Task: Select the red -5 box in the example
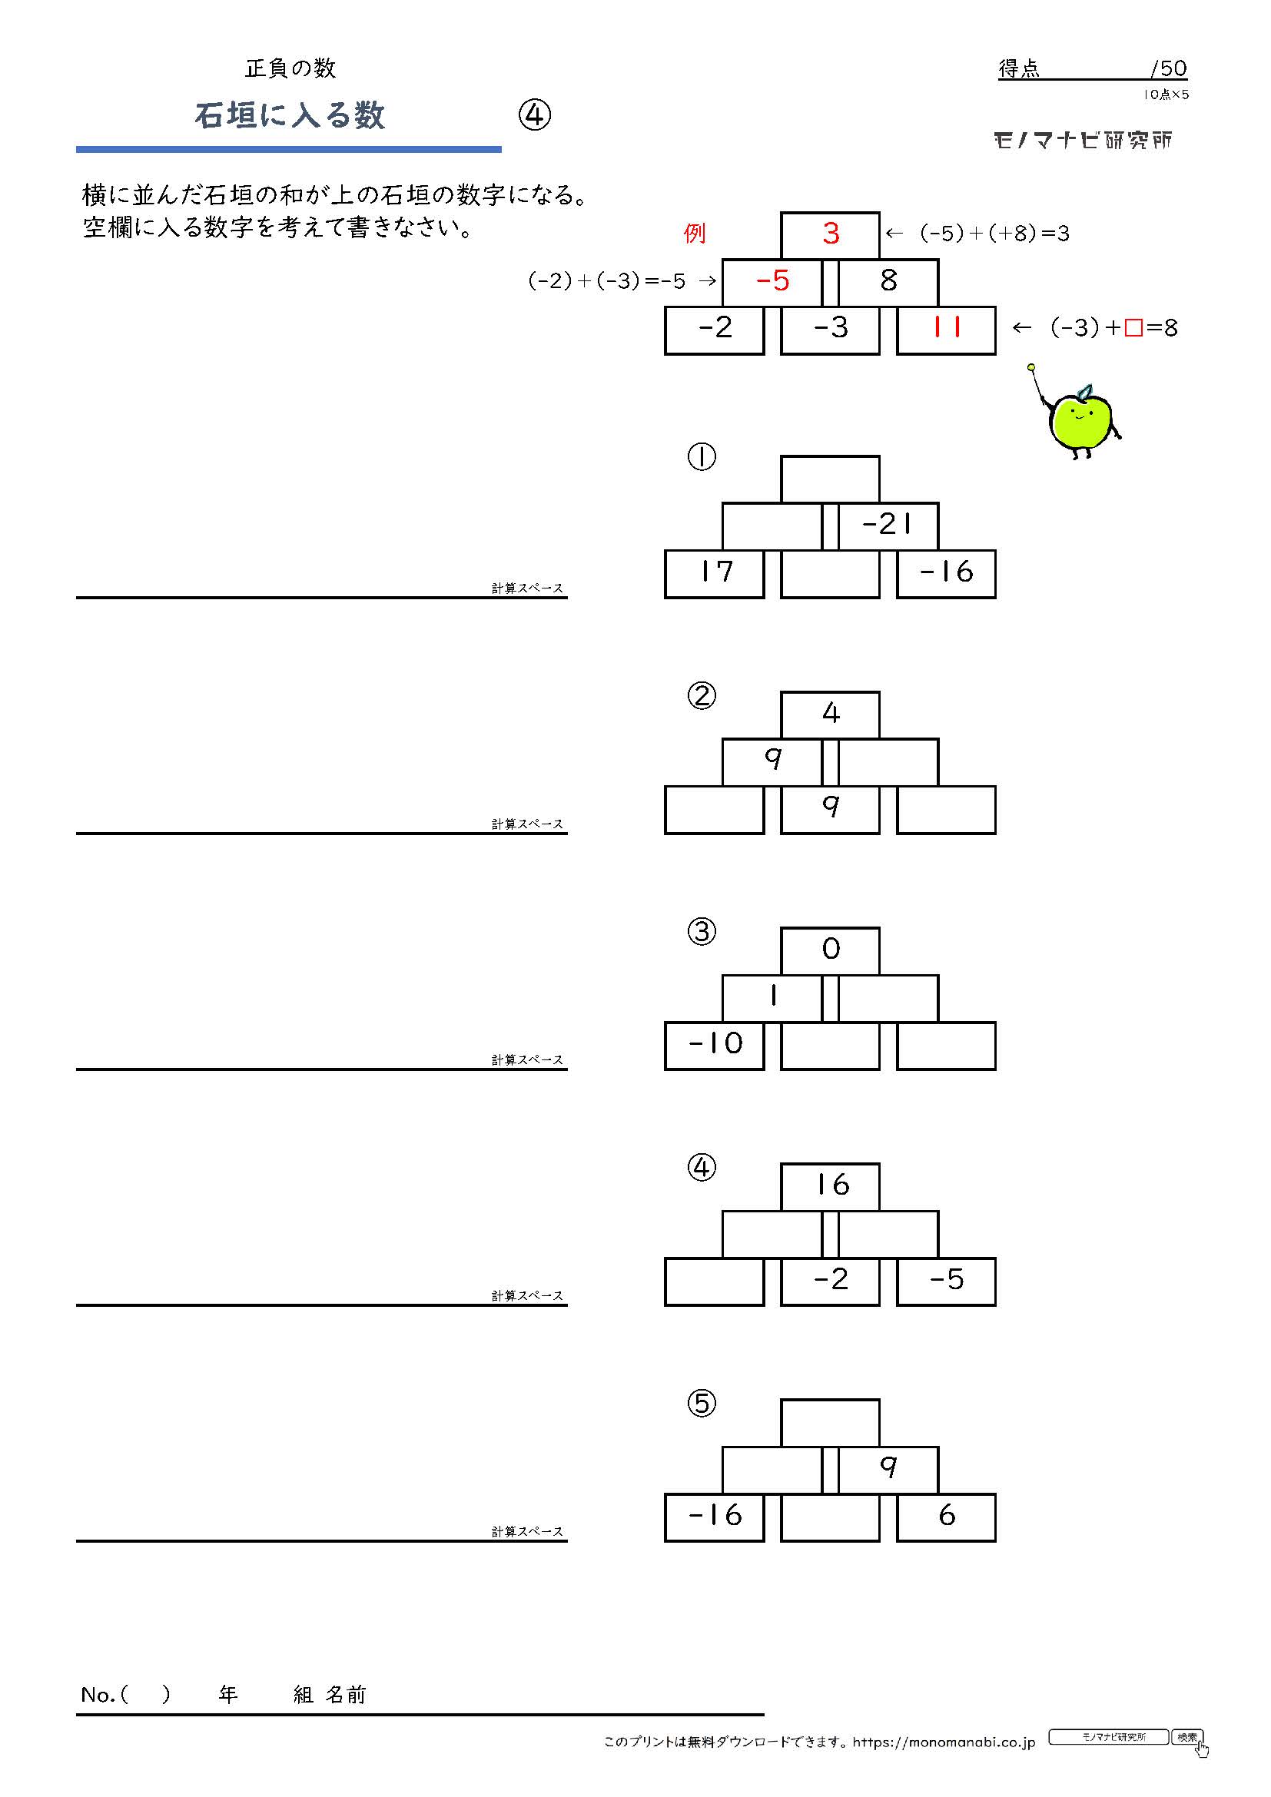772,283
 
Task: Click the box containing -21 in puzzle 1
888,526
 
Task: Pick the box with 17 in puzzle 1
714,574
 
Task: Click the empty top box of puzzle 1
830,479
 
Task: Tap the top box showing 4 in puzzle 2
830,715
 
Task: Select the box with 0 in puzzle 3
830,951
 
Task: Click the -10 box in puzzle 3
714,1046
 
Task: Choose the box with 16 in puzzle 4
830,1187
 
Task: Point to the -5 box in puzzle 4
945,1282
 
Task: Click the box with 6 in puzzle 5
945,1517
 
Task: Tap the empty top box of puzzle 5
830,1423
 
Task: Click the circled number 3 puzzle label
702,931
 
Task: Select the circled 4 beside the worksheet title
535,115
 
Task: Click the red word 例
694,234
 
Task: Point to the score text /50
1169,69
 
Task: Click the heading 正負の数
290,69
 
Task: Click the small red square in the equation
1133,328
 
